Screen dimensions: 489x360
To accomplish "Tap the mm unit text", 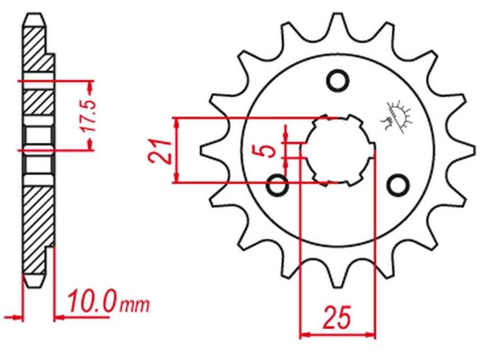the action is (135, 305).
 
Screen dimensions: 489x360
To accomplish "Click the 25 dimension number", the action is (337, 318).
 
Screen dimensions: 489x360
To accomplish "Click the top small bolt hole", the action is (337, 81).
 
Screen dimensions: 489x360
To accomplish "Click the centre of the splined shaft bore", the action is (338, 151).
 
